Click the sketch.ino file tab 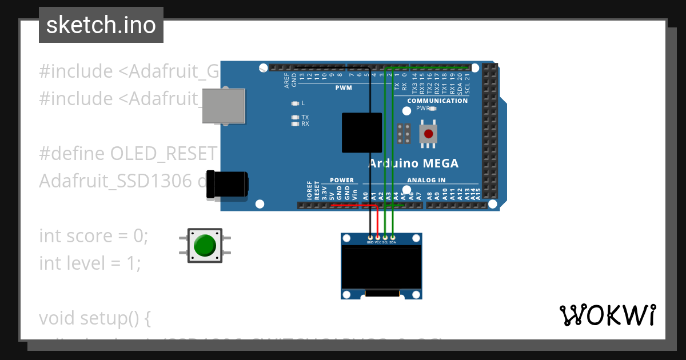[101, 25]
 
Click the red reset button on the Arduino [428, 134]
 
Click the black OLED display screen [381, 267]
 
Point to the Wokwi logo [607, 315]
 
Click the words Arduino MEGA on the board [413, 163]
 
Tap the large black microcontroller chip [362, 133]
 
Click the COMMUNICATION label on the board [437, 101]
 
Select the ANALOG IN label [426, 180]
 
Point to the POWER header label [342, 180]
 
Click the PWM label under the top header [344, 88]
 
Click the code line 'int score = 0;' [93, 235]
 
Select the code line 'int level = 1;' [90, 263]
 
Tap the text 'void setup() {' [94, 318]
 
